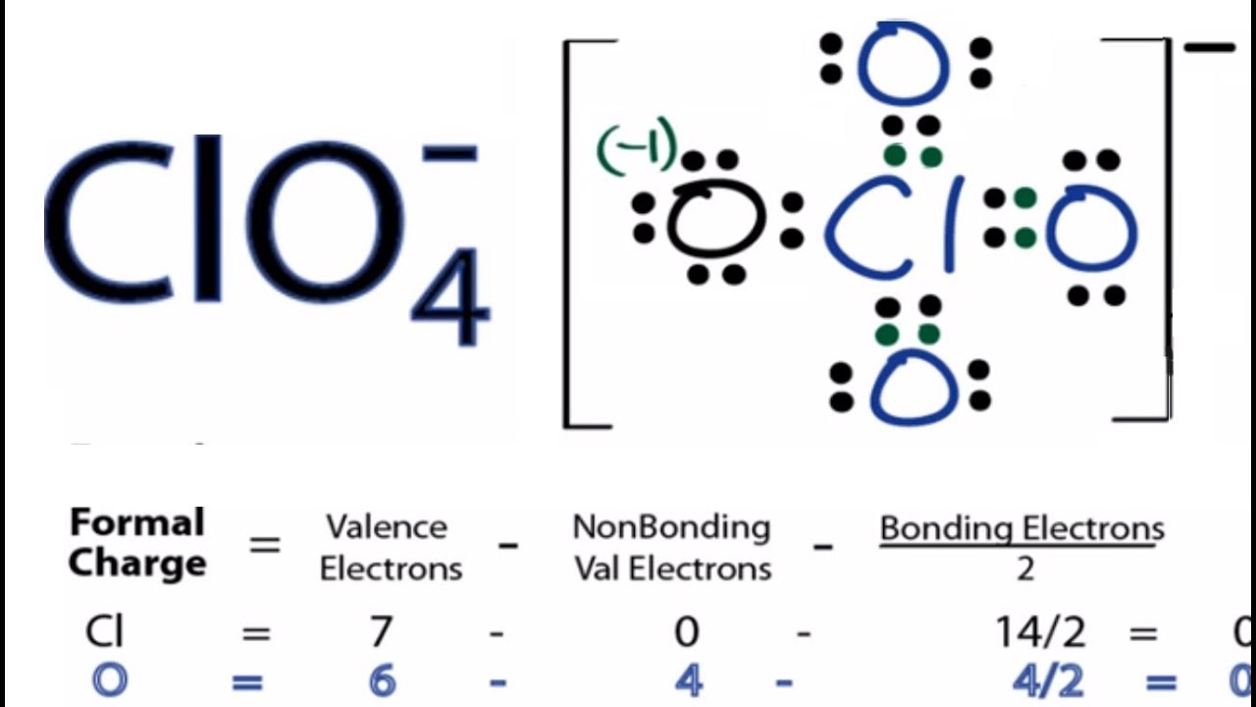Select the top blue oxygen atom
pyautogui.click(x=904, y=63)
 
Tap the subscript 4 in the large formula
pyautogui.click(x=450, y=296)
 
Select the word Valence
pyautogui.click(x=387, y=527)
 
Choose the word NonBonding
pyautogui.click(x=671, y=527)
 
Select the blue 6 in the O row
pyautogui.click(x=382, y=680)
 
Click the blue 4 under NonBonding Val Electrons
pyautogui.click(x=688, y=680)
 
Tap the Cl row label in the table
pyautogui.click(x=104, y=632)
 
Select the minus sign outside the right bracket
pyautogui.click(x=1209, y=47)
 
